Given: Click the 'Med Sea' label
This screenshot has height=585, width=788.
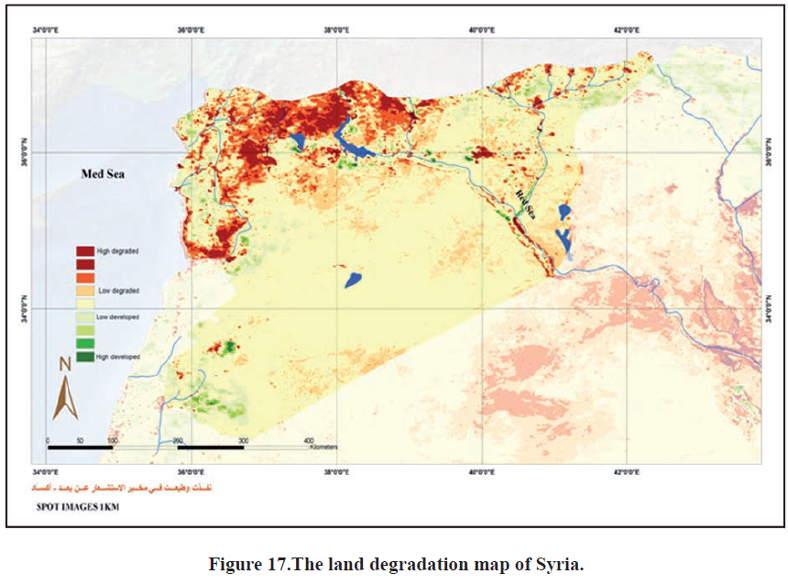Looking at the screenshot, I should (x=102, y=175).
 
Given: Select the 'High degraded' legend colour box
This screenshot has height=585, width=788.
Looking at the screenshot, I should (x=85, y=250).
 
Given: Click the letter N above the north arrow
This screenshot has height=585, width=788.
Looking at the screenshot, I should (x=65, y=364).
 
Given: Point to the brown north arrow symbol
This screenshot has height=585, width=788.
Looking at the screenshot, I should (x=64, y=398).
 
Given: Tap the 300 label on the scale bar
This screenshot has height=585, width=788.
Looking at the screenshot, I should (x=243, y=441).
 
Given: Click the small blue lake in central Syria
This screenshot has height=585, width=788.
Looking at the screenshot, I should (x=353, y=279).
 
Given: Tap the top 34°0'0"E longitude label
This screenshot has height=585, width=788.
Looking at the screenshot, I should (x=46, y=29).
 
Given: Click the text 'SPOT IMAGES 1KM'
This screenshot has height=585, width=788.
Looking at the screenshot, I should (x=77, y=505).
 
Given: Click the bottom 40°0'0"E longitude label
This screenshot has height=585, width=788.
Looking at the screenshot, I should (x=482, y=472).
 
